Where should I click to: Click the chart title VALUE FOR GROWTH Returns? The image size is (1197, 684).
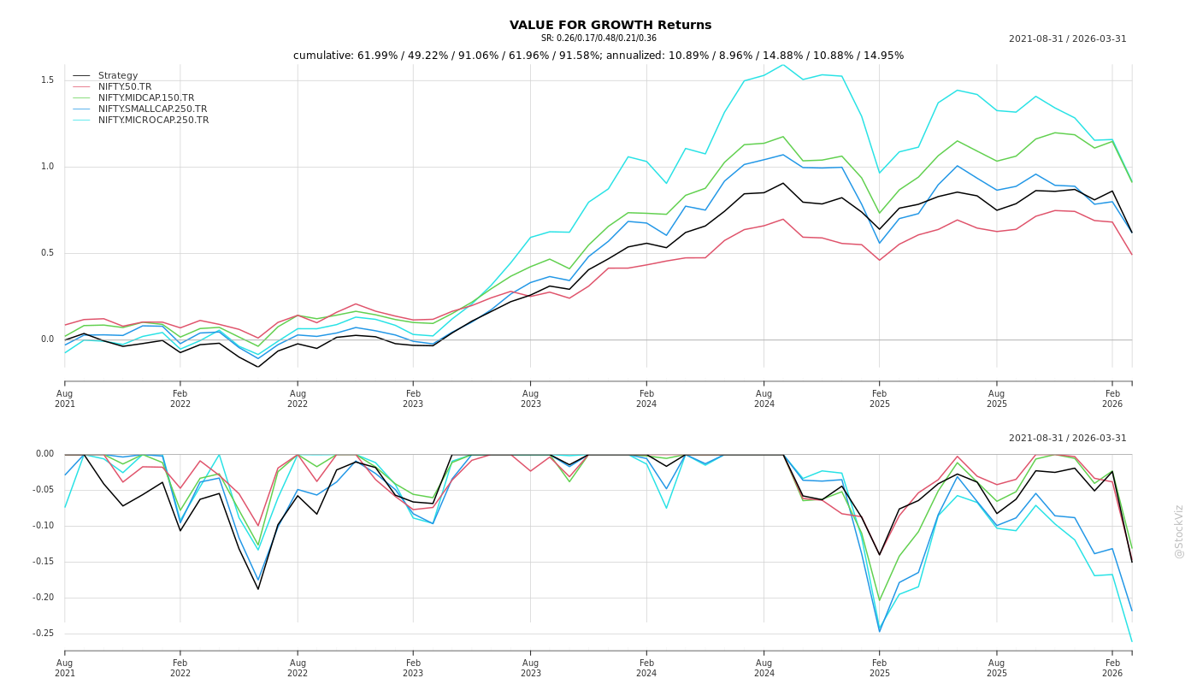click(610, 25)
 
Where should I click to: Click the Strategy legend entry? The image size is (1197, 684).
click(118, 76)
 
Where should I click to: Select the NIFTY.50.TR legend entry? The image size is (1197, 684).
click(125, 87)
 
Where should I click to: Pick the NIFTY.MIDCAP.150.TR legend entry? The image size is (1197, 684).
click(146, 98)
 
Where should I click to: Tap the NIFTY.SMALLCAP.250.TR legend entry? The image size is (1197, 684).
click(152, 109)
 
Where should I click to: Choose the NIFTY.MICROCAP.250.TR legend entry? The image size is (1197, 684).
click(153, 121)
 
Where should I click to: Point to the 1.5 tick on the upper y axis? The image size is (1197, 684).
click(48, 80)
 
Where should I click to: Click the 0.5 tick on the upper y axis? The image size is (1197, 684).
click(48, 253)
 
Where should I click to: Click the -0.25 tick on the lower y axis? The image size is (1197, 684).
click(44, 634)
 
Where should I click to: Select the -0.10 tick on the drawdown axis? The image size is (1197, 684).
click(44, 526)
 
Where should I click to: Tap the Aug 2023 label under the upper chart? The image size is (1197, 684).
click(530, 398)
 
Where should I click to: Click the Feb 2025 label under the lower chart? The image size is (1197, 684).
click(879, 668)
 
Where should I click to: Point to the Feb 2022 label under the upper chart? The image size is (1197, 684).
click(180, 398)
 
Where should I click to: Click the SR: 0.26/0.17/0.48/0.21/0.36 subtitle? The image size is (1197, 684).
click(598, 38)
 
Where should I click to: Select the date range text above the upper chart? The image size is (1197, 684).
click(1067, 39)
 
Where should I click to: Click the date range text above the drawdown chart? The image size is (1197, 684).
click(1067, 439)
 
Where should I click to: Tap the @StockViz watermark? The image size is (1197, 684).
click(1179, 531)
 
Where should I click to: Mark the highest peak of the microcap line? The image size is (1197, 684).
click(782, 65)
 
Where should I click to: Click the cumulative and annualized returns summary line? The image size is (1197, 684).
click(598, 56)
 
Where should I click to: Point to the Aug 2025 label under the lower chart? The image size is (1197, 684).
click(996, 668)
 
